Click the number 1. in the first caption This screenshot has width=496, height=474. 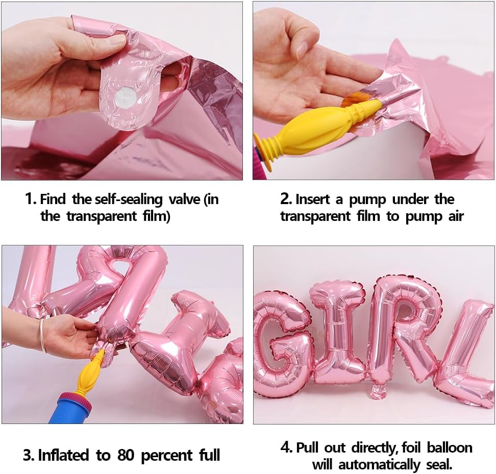(x=31, y=199)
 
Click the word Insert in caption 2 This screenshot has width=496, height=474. (x=314, y=199)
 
